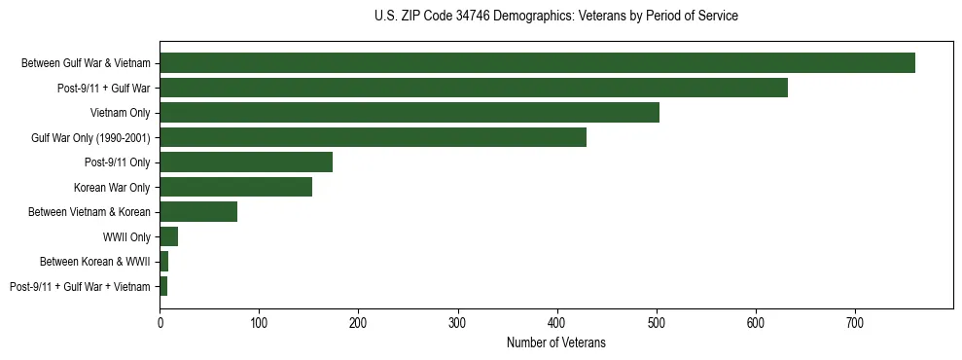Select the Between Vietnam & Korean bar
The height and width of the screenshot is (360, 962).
(x=198, y=212)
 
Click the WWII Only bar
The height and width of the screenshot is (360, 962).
(x=169, y=236)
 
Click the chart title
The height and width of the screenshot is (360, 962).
(x=555, y=17)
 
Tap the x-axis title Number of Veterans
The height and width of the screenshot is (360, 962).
(x=555, y=342)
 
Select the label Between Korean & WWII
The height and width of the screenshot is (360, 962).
(x=94, y=262)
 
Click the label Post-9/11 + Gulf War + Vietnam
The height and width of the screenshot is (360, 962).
(x=80, y=286)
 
